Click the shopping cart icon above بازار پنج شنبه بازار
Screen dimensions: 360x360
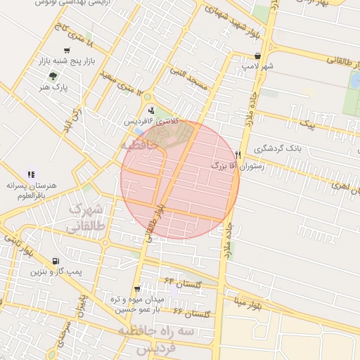(x=67, y=50)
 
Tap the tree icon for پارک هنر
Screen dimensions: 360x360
(x=53, y=76)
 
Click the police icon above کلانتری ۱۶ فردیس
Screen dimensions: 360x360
(x=151, y=109)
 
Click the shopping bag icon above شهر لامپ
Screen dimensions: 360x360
(x=259, y=56)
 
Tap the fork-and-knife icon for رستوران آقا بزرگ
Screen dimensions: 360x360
(x=239, y=154)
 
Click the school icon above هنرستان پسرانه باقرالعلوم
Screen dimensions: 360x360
(x=31, y=174)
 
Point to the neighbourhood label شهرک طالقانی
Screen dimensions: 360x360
(x=87, y=218)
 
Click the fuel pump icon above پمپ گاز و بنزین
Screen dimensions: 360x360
(x=36, y=260)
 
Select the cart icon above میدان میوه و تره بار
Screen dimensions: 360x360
(x=136, y=288)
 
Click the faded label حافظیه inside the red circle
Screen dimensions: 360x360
(x=138, y=145)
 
